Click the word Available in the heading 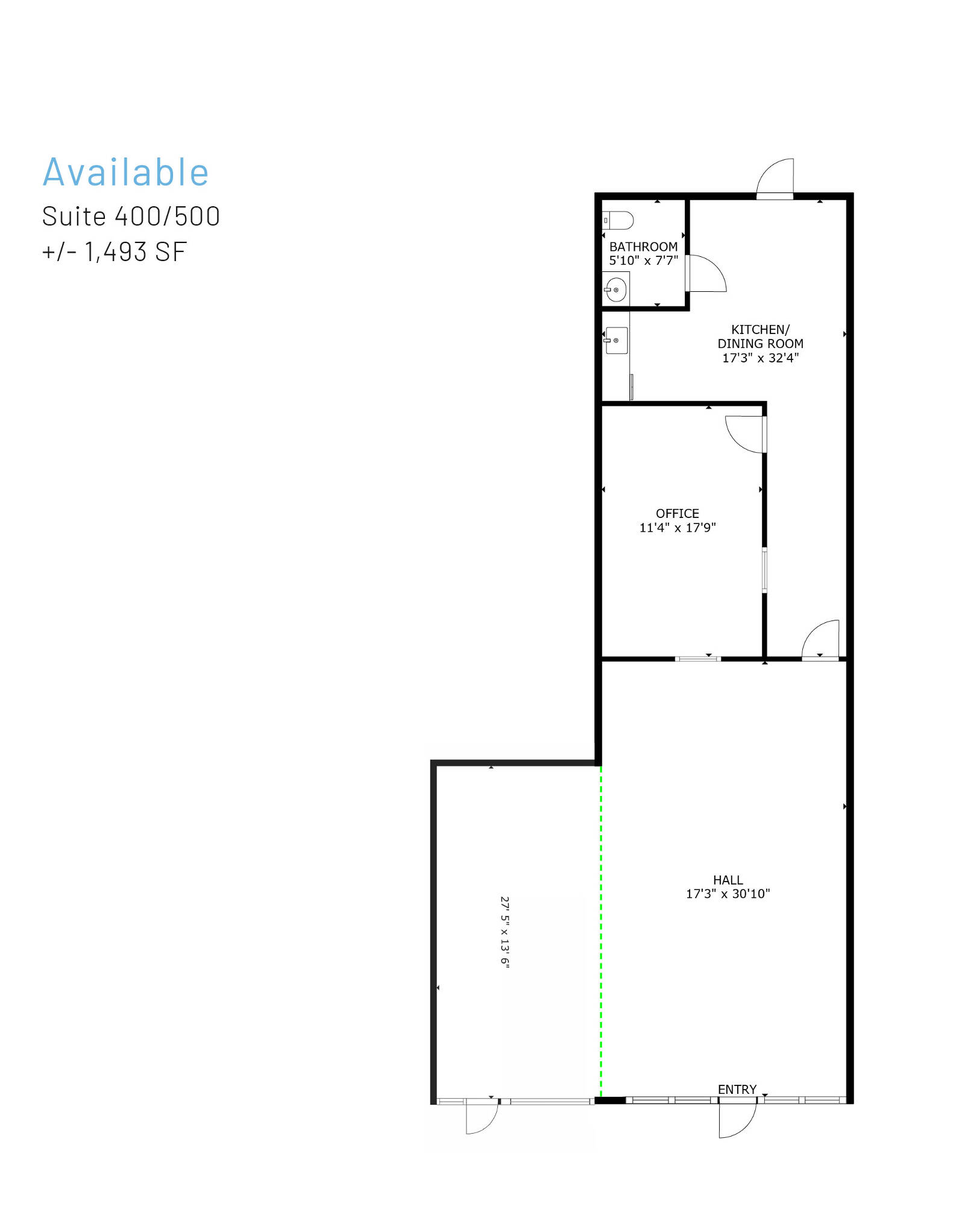pyautogui.click(x=125, y=172)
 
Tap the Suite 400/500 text pyautogui.click(x=131, y=216)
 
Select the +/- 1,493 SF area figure pyautogui.click(x=115, y=252)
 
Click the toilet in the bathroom pyautogui.click(x=618, y=220)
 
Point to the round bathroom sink pyautogui.click(x=615, y=290)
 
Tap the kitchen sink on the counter pyautogui.click(x=616, y=341)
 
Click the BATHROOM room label pyautogui.click(x=643, y=247)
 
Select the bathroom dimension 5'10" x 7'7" pyautogui.click(x=643, y=260)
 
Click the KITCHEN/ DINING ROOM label pyautogui.click(x=760, y=336)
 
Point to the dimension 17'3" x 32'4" pyautogui.click(x=760, y=358)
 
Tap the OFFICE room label pyautogui.click(x=678, y=513)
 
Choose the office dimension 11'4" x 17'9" pyautogui.click(x=678, y=528)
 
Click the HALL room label pyautogui.click(x=728, y=880)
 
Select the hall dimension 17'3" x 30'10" pyautogui.click(x=728, y=894)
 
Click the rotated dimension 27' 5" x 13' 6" pyautogui.click(x=505, y=932)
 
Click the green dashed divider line pyautogui.click(x=601, y=932)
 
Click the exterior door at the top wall pyautogui.click(x=775, y=178)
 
